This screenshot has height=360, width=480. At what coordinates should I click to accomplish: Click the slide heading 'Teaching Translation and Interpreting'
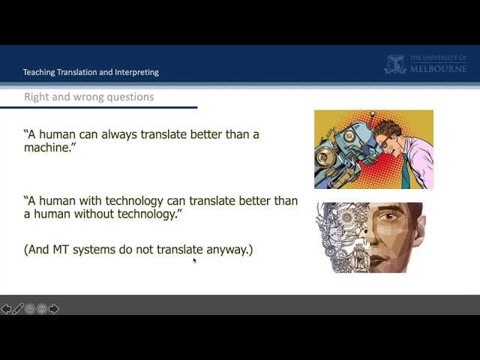[x=91, y=72]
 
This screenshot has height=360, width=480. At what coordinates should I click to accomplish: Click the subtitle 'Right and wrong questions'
[x=89, y=97]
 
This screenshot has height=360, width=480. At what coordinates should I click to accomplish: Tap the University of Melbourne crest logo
[x=395, y=64]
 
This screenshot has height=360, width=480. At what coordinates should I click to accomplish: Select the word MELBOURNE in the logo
[x=438, y=68]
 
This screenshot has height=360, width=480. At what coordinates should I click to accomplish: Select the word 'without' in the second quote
[x=94, y=214]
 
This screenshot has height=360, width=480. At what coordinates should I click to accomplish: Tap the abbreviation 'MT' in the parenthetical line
[x=61, y=250]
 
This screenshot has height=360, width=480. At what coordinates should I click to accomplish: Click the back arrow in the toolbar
[x=6, y=309]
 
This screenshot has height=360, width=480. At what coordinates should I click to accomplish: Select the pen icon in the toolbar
[x=18, y=309]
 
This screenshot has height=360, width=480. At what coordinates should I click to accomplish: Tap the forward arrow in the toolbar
[x=54, y=309]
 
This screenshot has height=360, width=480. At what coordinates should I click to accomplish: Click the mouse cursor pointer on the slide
[x=194, y=260]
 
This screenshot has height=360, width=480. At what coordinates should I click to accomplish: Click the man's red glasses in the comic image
[x=385, y=142]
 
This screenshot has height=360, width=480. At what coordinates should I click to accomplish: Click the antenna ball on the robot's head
[x=373, y=114]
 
